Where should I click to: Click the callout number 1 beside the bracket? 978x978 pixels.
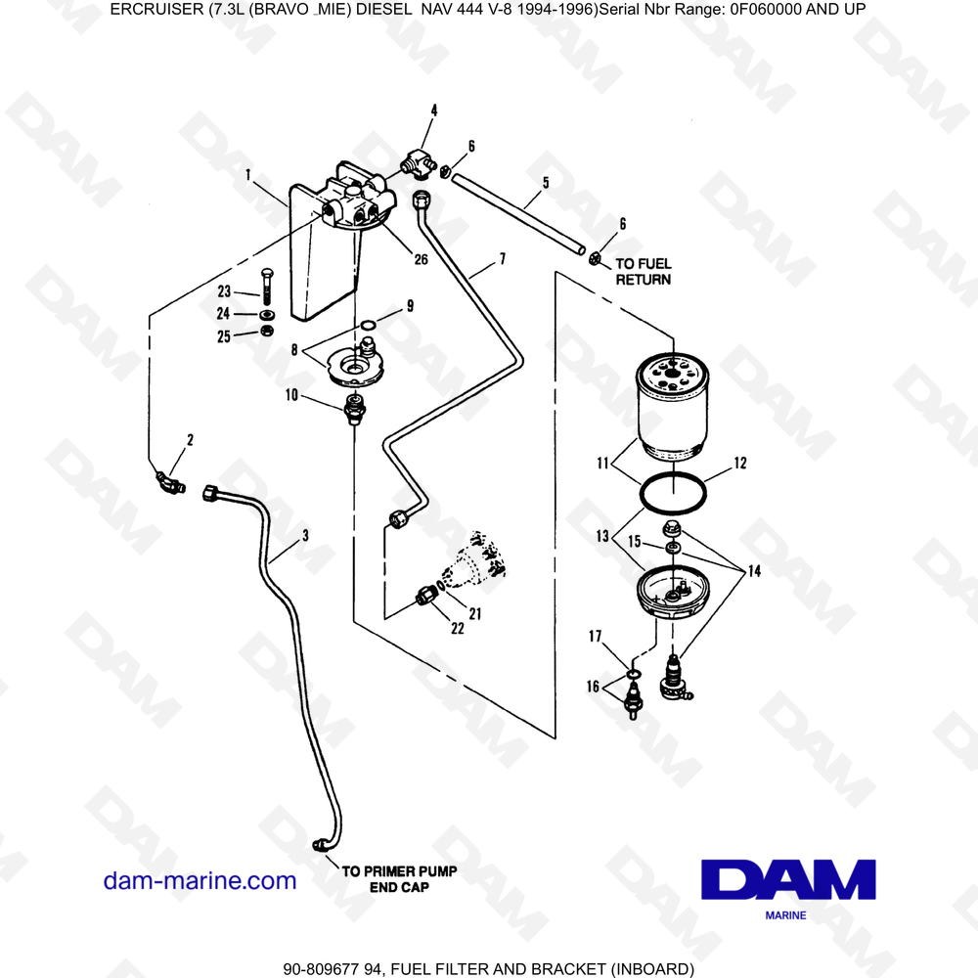[x=248, y=175]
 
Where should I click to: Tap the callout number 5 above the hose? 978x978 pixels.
[x=545, y=182]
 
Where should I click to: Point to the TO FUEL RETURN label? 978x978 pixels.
[x=643, y=271]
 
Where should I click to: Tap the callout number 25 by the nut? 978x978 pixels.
[x=224, y=336]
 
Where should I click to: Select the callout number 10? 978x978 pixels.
[x=291, y=394]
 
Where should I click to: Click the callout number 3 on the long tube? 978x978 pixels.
[x=305, y=535]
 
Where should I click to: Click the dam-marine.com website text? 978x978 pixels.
[x=200, y=880]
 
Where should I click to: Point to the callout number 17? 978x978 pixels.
[x=594, y=636]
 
